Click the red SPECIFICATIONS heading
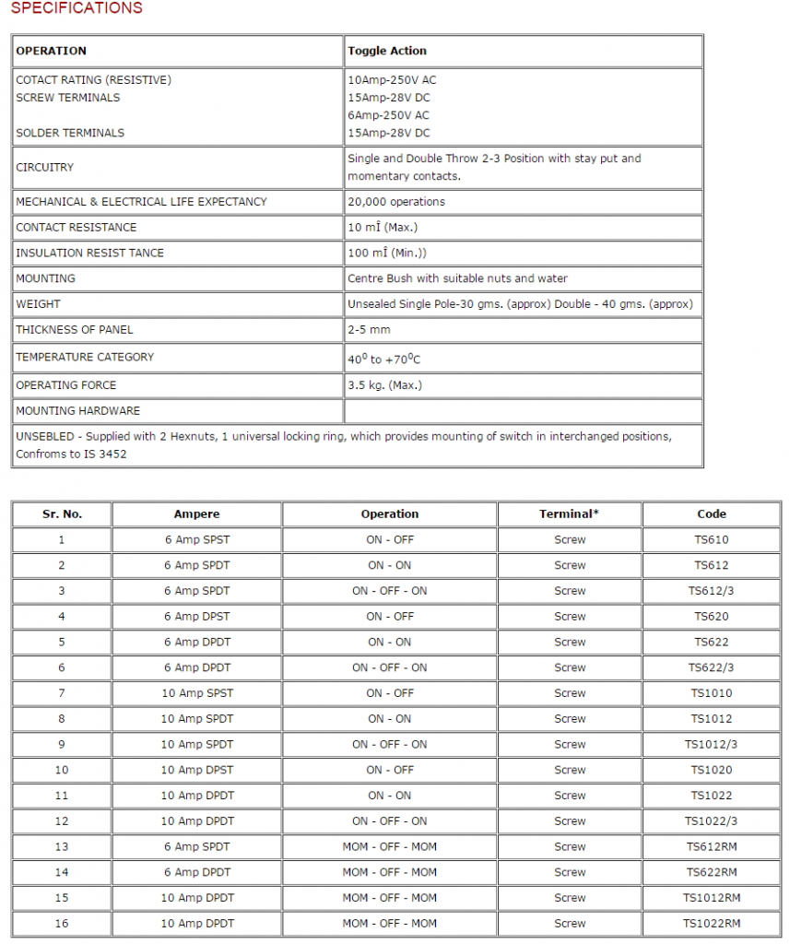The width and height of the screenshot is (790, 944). coord(77,8)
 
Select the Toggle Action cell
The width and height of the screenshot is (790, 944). coord(387,51)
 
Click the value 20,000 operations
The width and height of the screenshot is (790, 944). coord(396,202)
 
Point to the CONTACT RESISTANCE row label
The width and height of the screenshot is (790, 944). coord(76,228)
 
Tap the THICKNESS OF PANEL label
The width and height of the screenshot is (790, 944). coord(75,329)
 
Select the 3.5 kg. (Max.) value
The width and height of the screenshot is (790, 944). coord(385,385)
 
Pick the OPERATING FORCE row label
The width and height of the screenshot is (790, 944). coord(66,385)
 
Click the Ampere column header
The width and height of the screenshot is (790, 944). coord(196,514)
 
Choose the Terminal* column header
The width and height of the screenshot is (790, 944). coord(569,514)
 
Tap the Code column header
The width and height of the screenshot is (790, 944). coord(712,514)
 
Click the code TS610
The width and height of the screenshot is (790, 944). coord(712,540)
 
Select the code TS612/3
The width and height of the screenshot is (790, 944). coord(712,591)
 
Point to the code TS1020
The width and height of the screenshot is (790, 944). coord(712,770)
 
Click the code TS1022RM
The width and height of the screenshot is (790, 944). coord(712,924)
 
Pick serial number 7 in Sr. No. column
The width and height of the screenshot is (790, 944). coord(62,693)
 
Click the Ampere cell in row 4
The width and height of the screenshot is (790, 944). coord(197,617)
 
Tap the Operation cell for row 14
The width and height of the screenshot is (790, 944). coord(389,872)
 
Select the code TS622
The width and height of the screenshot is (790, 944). coord(712,643)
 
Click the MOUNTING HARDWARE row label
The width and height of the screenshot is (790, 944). coord(78,411)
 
